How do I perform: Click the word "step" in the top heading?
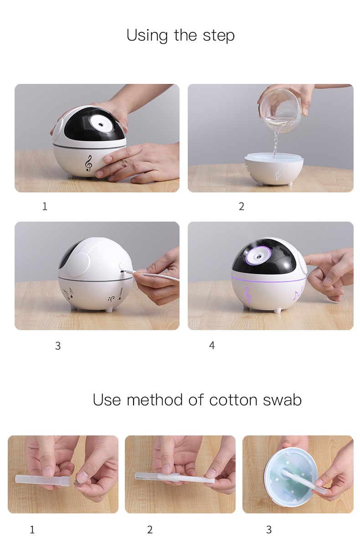(219, 36)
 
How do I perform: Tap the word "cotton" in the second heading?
(233, 400)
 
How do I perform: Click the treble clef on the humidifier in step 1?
(88, 163)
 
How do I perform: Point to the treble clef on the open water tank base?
(278, 173)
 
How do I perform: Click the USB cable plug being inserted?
(129, 272)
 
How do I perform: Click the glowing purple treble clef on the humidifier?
(247, 295)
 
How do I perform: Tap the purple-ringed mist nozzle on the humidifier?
(259, 256)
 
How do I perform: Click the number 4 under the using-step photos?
(212, 345)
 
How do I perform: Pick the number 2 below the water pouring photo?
(241, 207)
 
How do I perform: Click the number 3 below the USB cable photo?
(58, 346)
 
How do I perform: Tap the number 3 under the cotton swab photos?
(269, 529)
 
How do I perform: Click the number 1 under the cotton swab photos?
(32, 529)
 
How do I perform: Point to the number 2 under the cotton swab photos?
(149, 529)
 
